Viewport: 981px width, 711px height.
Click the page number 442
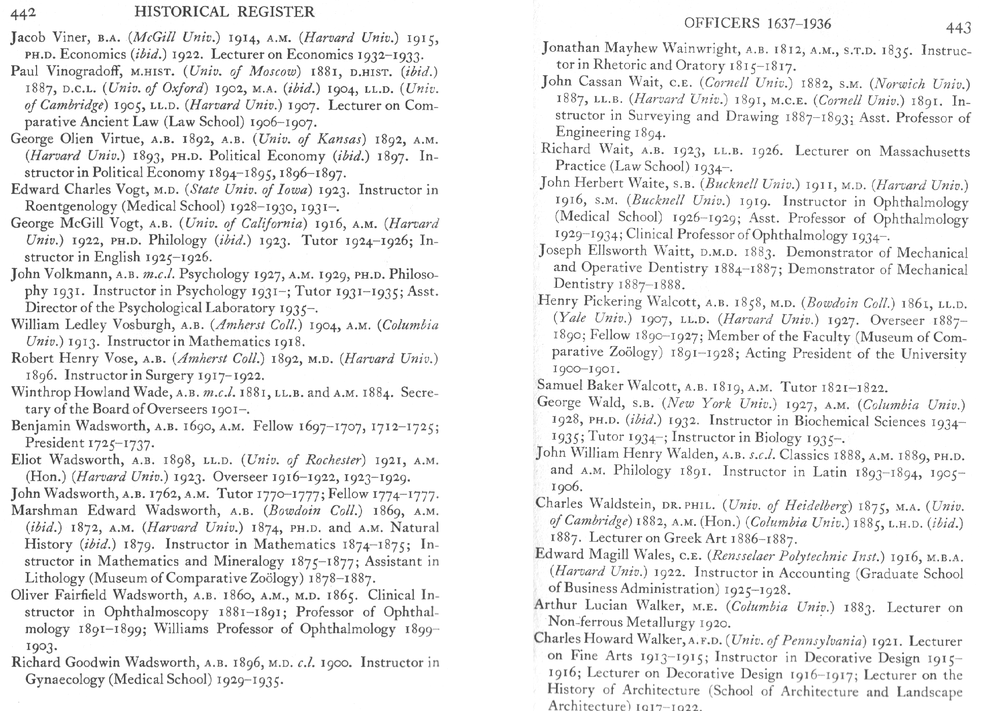(23, 13)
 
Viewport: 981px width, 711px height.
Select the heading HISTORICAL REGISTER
(225, 12)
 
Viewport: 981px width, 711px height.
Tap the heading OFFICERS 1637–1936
(758, 23)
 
